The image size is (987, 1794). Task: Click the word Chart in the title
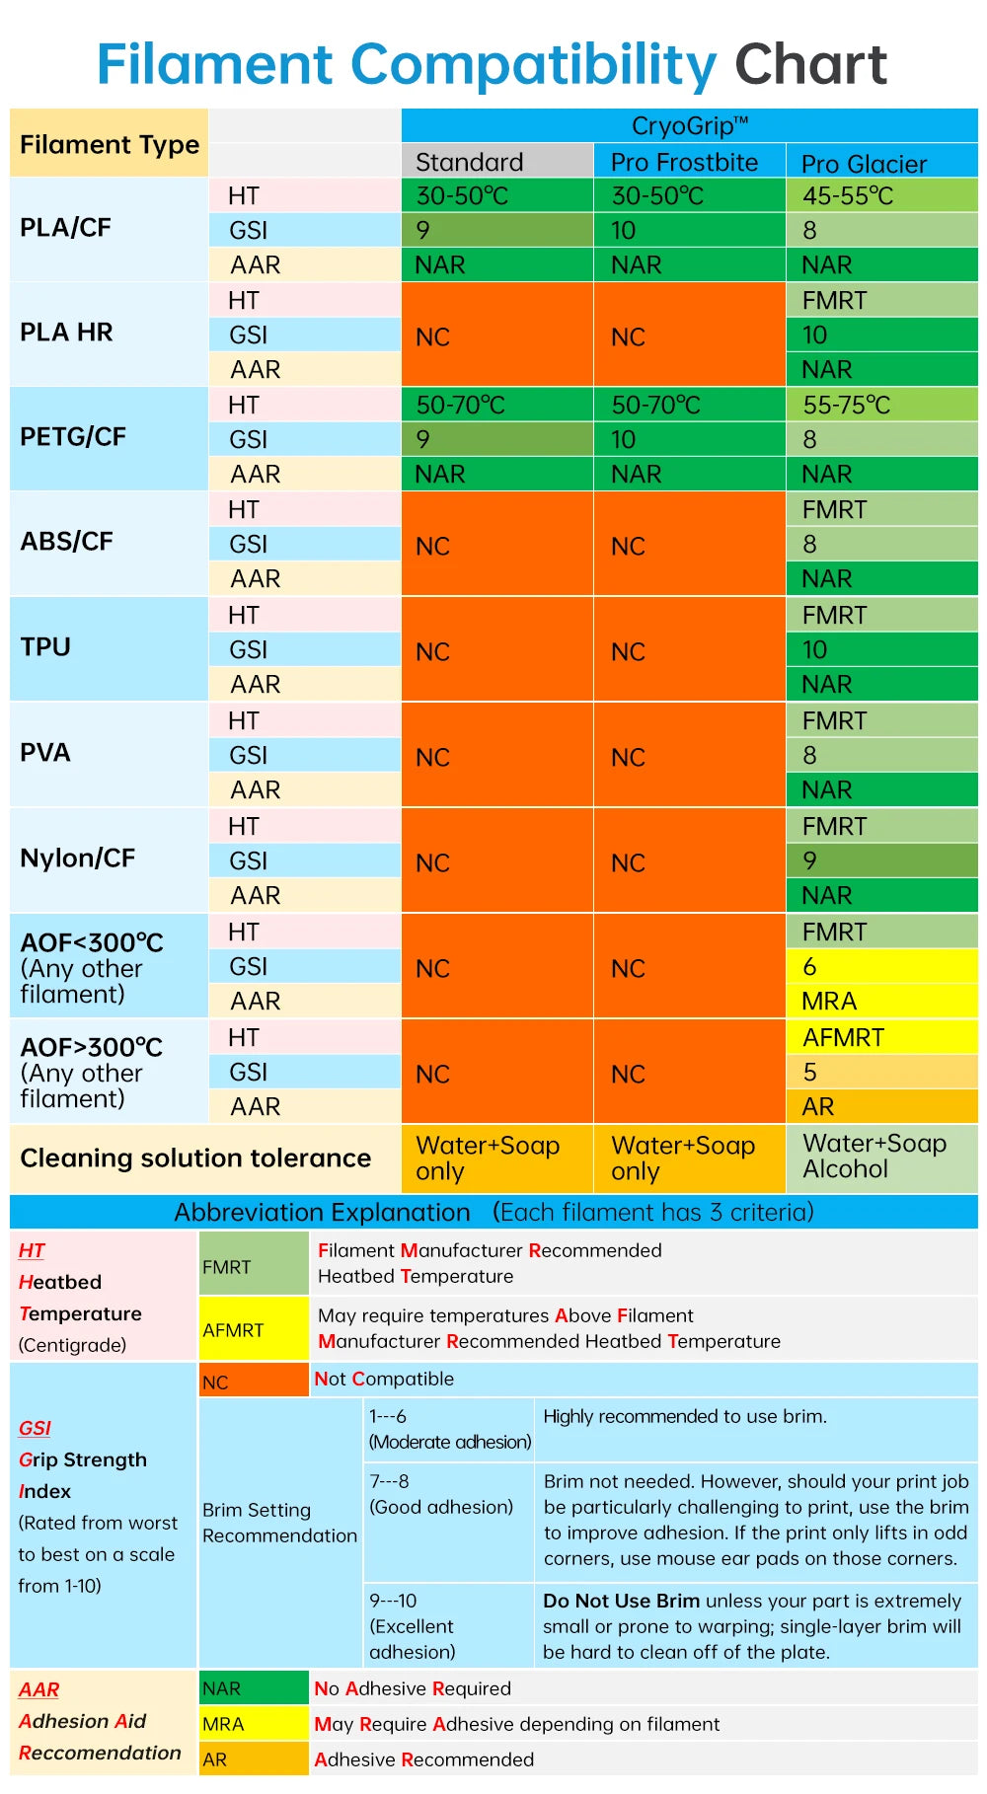point(810,65)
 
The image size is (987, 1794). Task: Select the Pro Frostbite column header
point(684,162)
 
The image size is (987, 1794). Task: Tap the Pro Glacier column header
point(864,163)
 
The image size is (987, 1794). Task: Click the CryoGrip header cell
point(689,126)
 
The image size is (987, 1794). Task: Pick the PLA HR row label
point(66,333)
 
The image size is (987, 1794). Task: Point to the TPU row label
point(45,647)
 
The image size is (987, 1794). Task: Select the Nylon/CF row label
point(77,859)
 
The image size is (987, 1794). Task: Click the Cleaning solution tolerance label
point(195,1158)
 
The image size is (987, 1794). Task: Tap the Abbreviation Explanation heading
point(322,1212)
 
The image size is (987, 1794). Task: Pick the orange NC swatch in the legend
point(254,1381)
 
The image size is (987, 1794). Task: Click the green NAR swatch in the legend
point(254,1688)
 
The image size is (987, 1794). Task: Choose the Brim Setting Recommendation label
point(279,1523)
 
